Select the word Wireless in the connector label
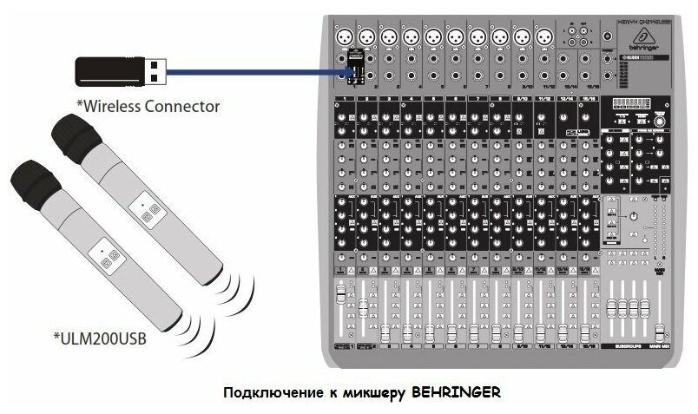pyautogui.click(x=109, y=106)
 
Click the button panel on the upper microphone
pyautogui.click(x=148, y=211)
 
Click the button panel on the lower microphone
pyautogui.click(x=109, y=259)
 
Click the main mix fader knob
pyautogui.click(x=660, y=331)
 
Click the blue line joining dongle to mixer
pyautogui.click(x=252, y=72)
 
